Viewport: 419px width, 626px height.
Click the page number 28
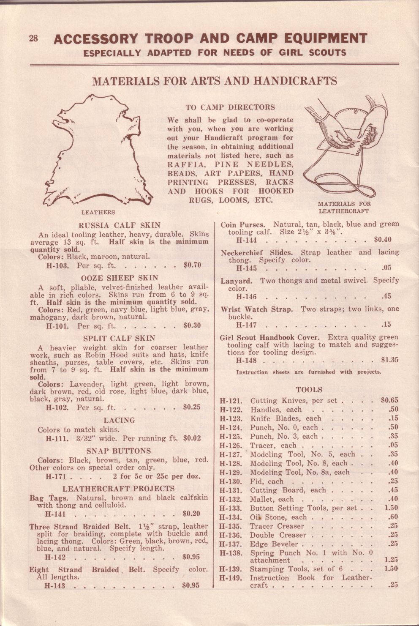[x=33, y=38]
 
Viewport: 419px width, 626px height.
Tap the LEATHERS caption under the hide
[x=98, y=212]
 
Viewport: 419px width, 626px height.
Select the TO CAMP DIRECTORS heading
[x=230, y=107]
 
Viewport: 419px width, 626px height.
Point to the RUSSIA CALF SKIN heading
[x=120, y=225]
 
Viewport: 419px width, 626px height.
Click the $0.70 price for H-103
[x=192, y=265]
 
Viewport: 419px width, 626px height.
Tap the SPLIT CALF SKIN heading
[x=119, y=338]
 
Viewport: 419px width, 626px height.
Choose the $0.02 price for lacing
[x=192, y=438]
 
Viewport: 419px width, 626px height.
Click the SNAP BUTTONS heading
[x=119, y=451]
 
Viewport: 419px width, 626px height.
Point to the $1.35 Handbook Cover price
[x=389, y=360]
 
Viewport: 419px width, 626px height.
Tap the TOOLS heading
[x=309, y=390]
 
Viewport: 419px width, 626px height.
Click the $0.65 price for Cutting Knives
[x=389, y=400]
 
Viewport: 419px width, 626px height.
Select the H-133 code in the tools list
[x=231, y=508]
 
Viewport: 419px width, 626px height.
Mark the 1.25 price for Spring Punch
[x=391, y=560]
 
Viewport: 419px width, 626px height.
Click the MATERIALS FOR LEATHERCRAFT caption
[x=344, y=207]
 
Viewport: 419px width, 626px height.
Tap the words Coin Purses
[x=242, y=225]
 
